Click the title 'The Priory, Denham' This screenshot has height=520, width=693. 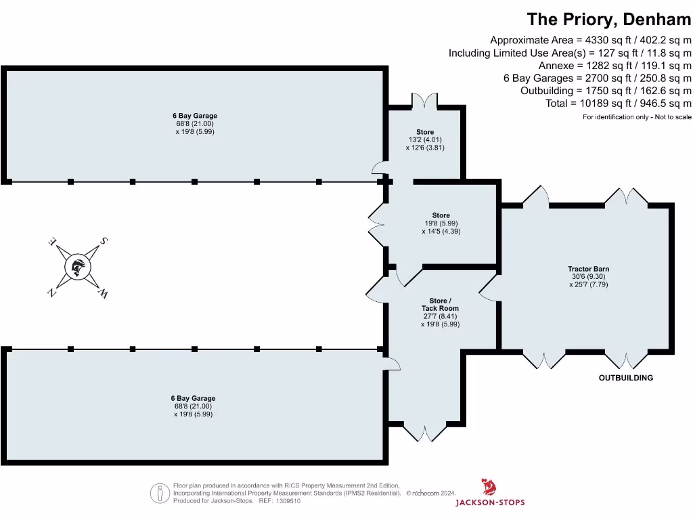(x=609, y=19)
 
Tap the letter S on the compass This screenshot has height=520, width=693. (x=104, y=241)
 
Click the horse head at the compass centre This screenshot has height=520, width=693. (x=78, y=267)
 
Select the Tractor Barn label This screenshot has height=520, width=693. (x=588, y=269)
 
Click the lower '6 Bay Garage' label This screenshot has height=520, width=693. (x=193, y=398)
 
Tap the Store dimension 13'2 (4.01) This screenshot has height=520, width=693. (x=425, y=139)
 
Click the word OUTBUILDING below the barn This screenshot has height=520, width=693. (x=626, y=378)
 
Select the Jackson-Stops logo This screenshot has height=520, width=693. (x=489, y=492)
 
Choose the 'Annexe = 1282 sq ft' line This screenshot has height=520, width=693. (x=614, y=65)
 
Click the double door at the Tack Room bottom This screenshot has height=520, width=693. (x=425, y=432)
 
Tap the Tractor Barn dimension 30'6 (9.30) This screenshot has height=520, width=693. (x=588, y=277)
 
